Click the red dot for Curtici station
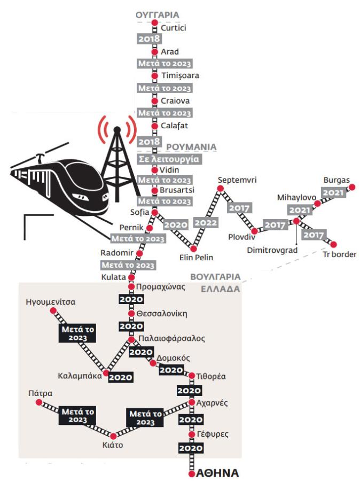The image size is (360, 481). pos(155,22)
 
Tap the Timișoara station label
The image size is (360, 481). pos(181,75)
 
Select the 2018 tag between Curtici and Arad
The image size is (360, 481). pos(150,38)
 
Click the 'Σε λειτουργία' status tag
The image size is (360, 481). pos(169,159)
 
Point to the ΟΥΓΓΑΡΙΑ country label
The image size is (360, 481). pos(158,15)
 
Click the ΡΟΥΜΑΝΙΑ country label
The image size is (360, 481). pos(191,147)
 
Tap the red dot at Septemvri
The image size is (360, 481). pos(220,189)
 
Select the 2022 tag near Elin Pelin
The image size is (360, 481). pos(206,222)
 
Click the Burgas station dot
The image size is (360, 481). pos(353,187)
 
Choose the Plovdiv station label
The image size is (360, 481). pos(241,237)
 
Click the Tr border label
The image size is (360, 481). pos(340,254)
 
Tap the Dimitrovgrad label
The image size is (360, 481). pos(272,250)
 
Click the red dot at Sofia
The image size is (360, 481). pos(155,212)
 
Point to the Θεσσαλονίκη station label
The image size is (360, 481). pos(162,314)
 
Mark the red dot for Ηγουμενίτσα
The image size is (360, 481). pos(53,311)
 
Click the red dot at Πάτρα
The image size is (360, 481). pos(39,402)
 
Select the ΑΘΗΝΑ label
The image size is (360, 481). pos(217,473)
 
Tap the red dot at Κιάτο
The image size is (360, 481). pos(113,436)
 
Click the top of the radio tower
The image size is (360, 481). pos(117,129)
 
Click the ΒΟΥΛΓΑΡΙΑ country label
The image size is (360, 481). pos(216,277)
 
